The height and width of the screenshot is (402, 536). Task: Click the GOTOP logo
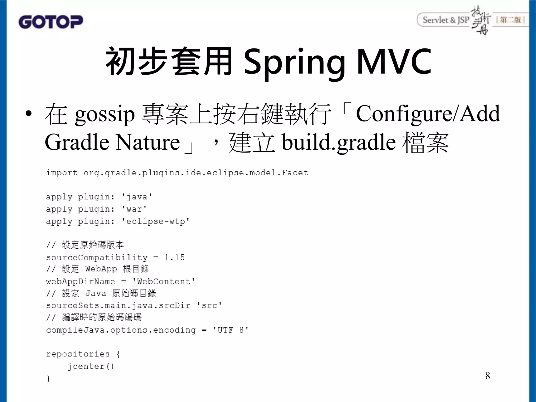click(51, 22)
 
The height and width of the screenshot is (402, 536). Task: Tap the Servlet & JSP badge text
click(446, 20)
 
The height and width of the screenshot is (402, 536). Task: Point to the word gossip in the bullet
click(105, 115)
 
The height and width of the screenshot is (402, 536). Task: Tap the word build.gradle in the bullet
click(339, 142)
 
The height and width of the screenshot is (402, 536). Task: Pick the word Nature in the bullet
click(148, 142)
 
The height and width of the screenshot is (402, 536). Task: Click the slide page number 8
click(488, 376)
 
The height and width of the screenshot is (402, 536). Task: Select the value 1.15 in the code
click(174, 257)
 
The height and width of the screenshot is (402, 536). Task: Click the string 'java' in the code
click(137, 197)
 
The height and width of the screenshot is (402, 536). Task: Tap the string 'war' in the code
click(134, 209)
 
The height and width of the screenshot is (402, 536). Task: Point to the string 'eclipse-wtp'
click(155, 221)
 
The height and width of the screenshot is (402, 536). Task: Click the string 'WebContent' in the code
click(164, 282)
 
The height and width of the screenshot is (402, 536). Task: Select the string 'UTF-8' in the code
click(230, 330)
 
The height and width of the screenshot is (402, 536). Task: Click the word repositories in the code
click(78, 354)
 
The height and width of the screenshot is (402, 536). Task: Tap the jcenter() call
click(91, 366)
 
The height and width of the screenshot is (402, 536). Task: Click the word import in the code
click(62, 173)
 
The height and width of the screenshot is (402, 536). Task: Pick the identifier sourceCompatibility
click(97, 258)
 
